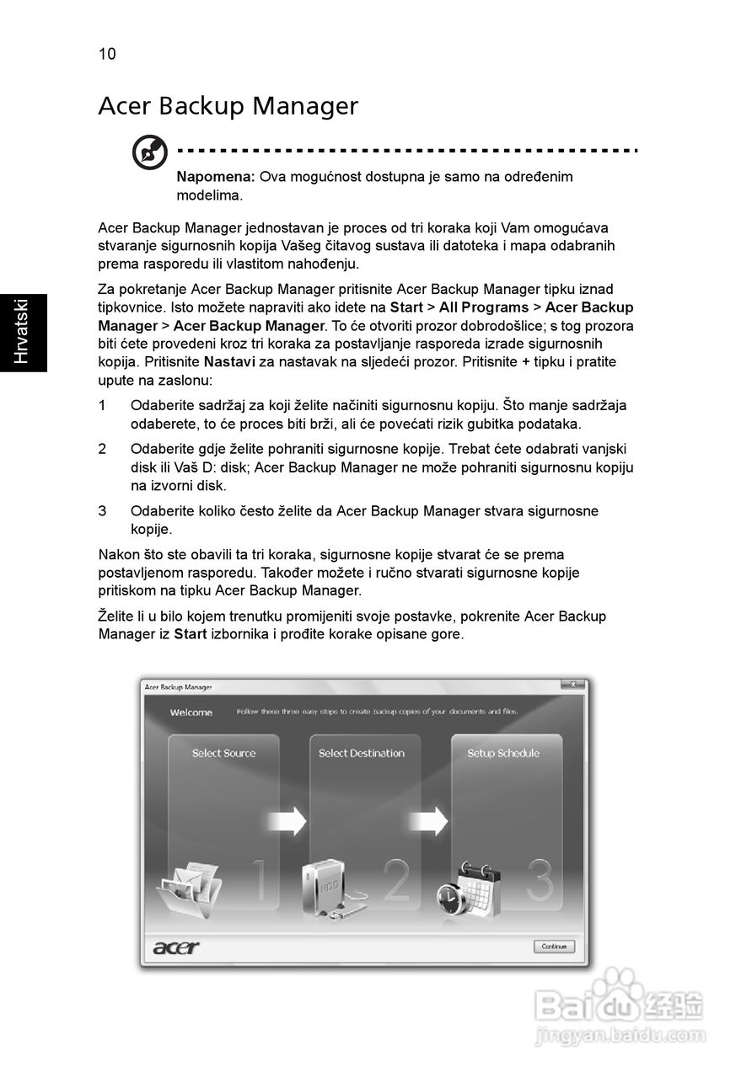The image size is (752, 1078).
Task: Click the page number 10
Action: click(107, 55)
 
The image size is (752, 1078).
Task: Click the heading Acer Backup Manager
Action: click(228, 106)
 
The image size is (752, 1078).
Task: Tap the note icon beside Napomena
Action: click(149, 153)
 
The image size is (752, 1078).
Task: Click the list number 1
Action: click(102, 406)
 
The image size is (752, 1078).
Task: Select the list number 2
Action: click(102, 450)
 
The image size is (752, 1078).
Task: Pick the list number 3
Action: click(102, 511)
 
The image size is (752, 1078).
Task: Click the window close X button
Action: click(573, 686)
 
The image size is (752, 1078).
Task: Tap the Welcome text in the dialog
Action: click(191, 712)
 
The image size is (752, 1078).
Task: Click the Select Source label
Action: click(223, 754)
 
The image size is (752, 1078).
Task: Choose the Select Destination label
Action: click(362, 754)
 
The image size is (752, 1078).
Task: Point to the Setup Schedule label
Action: click(503, 754)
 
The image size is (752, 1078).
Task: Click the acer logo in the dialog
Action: click(176, 947)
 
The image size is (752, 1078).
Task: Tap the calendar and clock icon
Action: click(469, 895)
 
